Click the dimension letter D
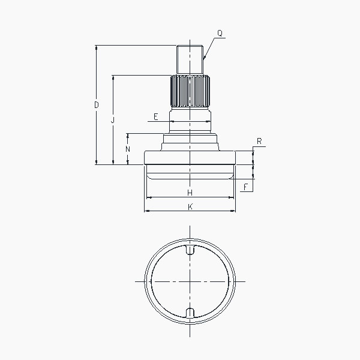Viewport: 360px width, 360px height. pyautogui.click(x=96, y=105)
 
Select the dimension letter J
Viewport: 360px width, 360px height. pyautogui.click(x=113, y=120)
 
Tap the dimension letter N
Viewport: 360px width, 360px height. pyautogui.click(x=127, y=148)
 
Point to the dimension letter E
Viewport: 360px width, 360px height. pyautogui.click(x=155, y=116)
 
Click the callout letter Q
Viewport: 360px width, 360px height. pyautogui.click(x=220, y=34)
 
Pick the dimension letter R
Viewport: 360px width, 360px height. pyautogui.click(x=259, y=142)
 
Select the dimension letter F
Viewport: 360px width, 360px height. pyautogui.click(x=245, y=187)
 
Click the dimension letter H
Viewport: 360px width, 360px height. pyautogui.click(x=190, y=193)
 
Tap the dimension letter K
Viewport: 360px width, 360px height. pyautogui.click(x=190, y=206)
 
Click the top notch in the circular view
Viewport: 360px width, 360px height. pyautogui.click(x=190, y=250)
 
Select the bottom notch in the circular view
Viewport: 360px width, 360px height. pyautogui.click(x=190, y=313)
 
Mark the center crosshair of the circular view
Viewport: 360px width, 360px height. pyautogui.click(x=190, y=281)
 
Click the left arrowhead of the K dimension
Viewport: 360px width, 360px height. pyautogui.click(x=146, y=211)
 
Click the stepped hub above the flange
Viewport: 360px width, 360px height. pyautogui.click(x=190, y=142)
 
